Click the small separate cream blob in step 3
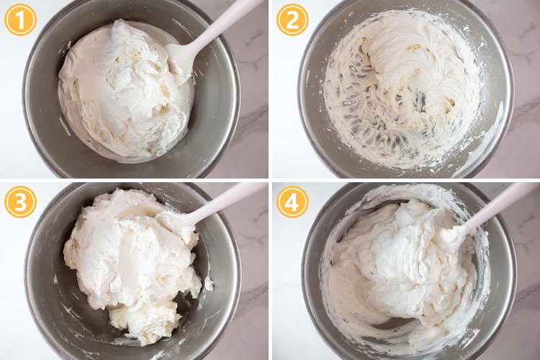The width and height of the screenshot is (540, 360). [x=209, y=284]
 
